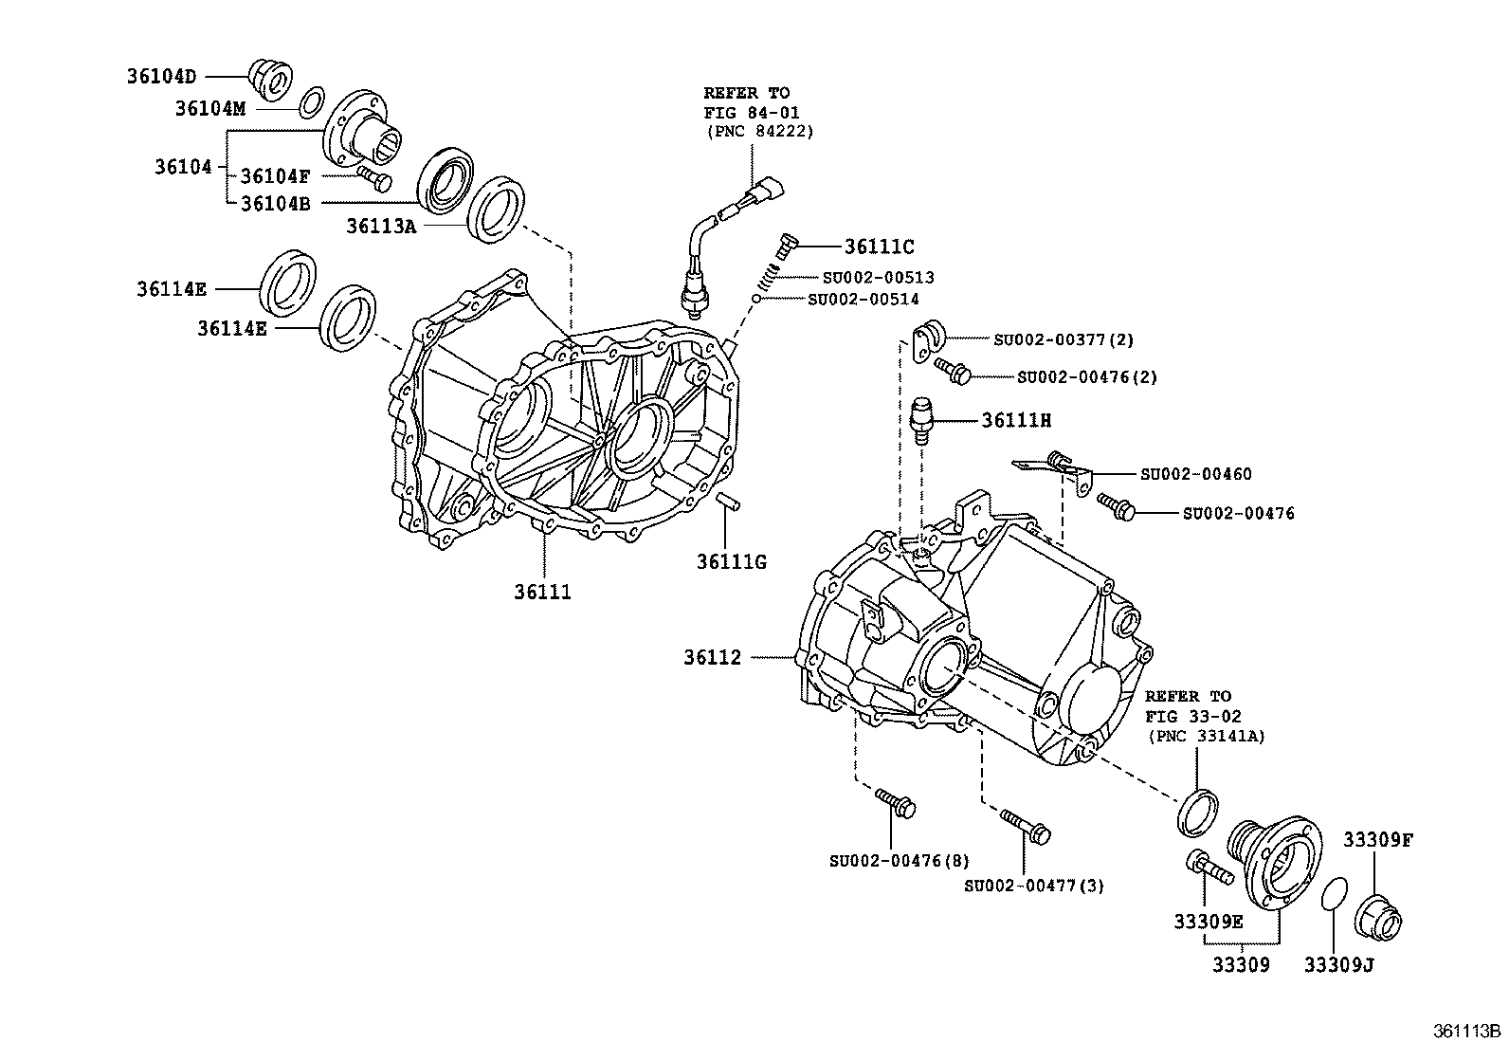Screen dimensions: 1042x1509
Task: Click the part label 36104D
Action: pyautogui.click(x=162, y=75)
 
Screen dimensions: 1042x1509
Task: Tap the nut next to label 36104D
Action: pyautogui.click(x=270, y=79)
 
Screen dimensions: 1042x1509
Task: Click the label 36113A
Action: pyautogui.click(x=381, y=226)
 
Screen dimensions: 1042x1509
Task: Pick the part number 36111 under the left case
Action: pyautogui.click(x=543, y=592)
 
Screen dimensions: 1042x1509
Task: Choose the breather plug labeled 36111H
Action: pyautogui.click(x=921, y=420)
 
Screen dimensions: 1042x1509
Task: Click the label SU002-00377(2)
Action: pyautogui.click(x=1064, y=338)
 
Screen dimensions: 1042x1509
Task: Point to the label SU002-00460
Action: pyautogui.click(x=1196, y=473)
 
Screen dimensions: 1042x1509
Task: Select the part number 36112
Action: pyautogui.click(x=712, y=656)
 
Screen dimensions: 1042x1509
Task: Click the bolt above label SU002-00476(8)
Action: pyautogui.click(x=896, y=803)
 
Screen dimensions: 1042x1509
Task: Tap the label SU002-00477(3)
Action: pyautogui.click(x=1034, y=886)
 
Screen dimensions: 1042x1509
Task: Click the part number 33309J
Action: pyautogui.click(x=1338, y=965)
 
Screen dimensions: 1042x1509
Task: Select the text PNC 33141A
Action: pyautogui.click(x=1206, y=736)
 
